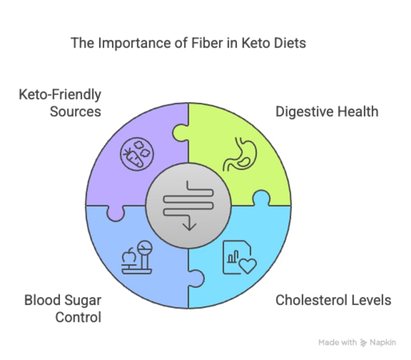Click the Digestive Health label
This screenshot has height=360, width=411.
(x=327, y=111)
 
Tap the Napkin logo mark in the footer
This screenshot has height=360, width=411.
(x=363, y=343)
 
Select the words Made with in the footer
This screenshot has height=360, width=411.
(x=338, y=343)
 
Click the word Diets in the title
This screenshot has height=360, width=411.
(x=290, y=43)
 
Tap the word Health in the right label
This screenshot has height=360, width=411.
(x=357, y=111)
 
